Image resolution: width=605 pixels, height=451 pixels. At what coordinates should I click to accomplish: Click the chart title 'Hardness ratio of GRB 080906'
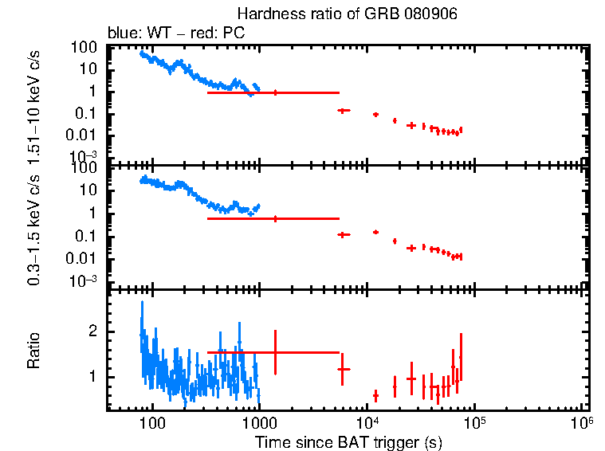click(347, 15)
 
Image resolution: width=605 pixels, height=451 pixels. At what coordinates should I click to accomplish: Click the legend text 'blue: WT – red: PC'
click(176, 33)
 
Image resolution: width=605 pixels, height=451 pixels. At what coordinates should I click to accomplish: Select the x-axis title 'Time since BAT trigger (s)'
click(348, 441)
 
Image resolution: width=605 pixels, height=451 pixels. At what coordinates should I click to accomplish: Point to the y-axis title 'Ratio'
click(34, 351)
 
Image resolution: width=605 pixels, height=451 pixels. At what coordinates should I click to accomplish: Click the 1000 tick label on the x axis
click(258, 422)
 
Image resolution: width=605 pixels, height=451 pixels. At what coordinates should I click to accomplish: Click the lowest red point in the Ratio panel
click(375, 395)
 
